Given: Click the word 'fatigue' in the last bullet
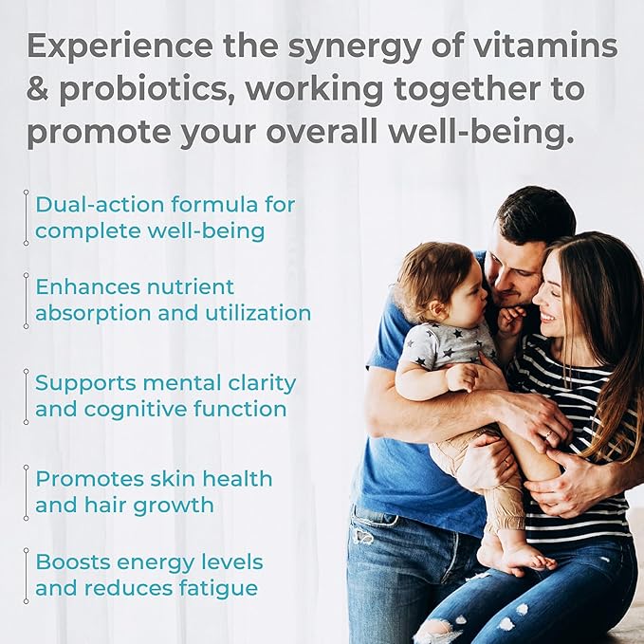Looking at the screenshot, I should (x=219, y=588).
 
